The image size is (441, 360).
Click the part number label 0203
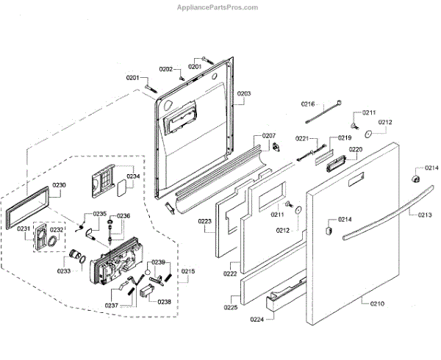click(244, 93)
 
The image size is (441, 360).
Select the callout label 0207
click(268, 136)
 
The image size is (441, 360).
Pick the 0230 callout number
click(60, 184)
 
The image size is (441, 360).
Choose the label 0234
click(133, 176)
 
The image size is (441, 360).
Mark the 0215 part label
click(188, 272)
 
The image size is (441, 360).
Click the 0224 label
click(256, 320)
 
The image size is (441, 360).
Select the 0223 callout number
click(205, 220)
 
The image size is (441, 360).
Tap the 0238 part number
click(164, 301)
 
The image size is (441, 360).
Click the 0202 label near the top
click(167, 69)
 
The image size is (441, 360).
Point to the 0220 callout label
click(355, 149)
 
